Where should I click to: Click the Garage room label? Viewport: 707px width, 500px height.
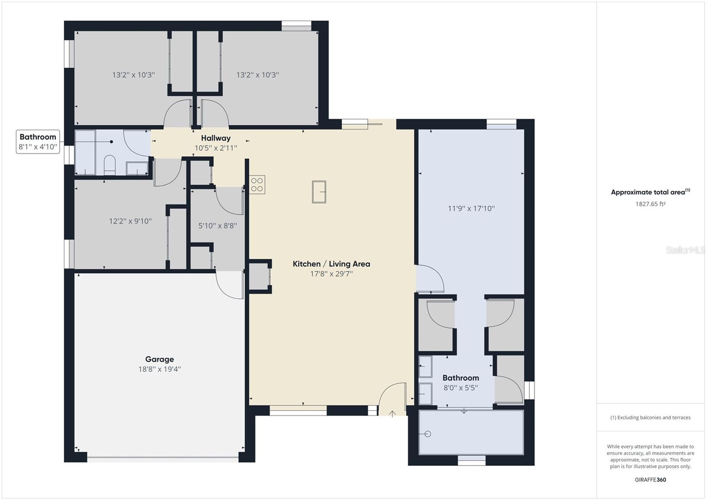coord(160,359)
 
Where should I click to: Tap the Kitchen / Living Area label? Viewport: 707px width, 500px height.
coord(331,264)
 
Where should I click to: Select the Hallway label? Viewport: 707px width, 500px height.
coord(216,138)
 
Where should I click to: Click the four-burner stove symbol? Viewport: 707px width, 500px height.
coord(257,185)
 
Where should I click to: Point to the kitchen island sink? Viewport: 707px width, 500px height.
coord(319,192)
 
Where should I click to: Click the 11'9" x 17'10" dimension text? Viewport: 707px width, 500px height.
coord(471,209)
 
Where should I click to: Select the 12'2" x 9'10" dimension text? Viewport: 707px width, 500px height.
coord(130,221)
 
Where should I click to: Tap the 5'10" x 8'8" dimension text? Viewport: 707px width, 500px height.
coord(217,225)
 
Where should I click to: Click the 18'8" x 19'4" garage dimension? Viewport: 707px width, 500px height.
coord(160,369)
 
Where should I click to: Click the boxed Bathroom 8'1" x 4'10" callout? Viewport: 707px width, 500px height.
coord(38,142)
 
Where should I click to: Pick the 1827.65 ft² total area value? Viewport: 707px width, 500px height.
coord(650,204)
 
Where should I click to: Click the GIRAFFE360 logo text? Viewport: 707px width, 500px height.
coord(650,480)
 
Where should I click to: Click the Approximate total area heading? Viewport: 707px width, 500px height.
coord(650,192)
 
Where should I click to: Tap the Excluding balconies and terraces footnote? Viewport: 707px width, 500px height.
coord(650,418)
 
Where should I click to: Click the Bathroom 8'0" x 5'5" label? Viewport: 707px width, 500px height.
coord(461,382)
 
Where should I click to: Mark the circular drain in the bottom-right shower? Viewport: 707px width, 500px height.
coord(428,434)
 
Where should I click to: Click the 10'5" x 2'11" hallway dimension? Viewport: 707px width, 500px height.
coord(216,148)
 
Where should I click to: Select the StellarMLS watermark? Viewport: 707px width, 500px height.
coord(685,250)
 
